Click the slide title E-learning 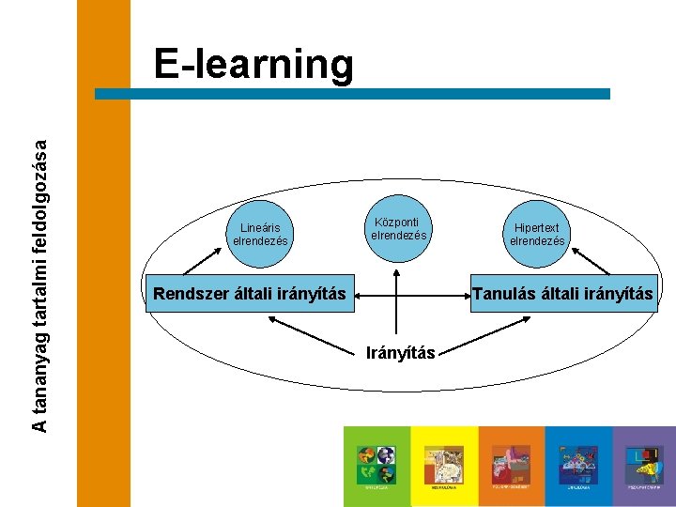(x=254, y=65)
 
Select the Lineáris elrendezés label (x=260, y=234)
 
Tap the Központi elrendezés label (x=398, y=229)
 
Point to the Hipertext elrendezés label (x=537, y=234)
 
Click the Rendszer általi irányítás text (x=250, y=294)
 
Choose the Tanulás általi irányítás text (x=562, y=294)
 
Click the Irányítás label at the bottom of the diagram (x=399, y=353)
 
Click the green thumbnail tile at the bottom (x=376, y=466)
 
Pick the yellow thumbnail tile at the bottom (x=444, y=466)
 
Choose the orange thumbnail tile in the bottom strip (x=512, y=466)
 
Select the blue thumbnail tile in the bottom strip (x=578, y=466)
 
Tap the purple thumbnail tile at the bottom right (x=644, y=466)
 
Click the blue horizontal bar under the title (x=353, y=94)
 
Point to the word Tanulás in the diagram (x=504, y=294)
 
